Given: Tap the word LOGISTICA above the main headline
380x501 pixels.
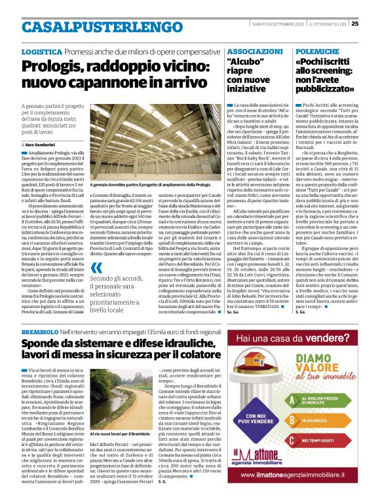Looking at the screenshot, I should tap(42, 51).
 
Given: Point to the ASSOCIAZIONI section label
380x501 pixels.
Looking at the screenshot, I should tap(256, 51).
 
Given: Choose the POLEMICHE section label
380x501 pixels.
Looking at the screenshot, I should tap(315, 51).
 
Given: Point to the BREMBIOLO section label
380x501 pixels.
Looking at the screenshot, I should tap(41, 334).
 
